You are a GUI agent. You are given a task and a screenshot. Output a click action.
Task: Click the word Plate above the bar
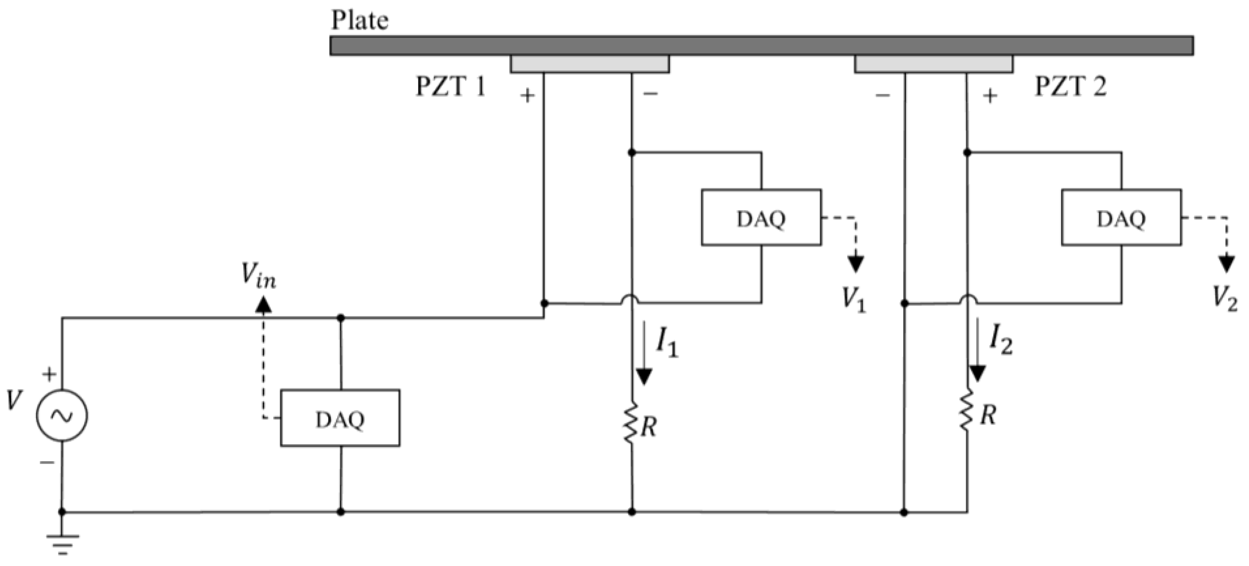(359, 20)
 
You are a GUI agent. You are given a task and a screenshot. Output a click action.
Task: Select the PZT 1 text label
(450, 87)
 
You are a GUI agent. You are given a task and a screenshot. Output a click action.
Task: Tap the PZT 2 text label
(1071, 87)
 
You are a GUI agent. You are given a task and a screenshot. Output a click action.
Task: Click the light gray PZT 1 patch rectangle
(590, 64)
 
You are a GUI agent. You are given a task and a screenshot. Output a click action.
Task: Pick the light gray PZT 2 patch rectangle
(933, 64)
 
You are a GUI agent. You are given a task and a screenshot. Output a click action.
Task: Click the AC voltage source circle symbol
(62, 415)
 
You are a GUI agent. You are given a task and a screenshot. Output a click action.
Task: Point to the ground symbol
(63, 544)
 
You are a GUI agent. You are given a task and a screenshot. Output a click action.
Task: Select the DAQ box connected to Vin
(340, 418)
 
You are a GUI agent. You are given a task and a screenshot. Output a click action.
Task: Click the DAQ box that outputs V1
(761, 218)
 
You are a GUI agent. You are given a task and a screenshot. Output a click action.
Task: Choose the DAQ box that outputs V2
(1122, 218)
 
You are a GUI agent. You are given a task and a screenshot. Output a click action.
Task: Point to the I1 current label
(667, 343)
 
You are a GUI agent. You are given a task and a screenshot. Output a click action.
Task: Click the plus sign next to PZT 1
(527, 96)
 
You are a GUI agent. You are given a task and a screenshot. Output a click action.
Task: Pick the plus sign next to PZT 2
(990, 96)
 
